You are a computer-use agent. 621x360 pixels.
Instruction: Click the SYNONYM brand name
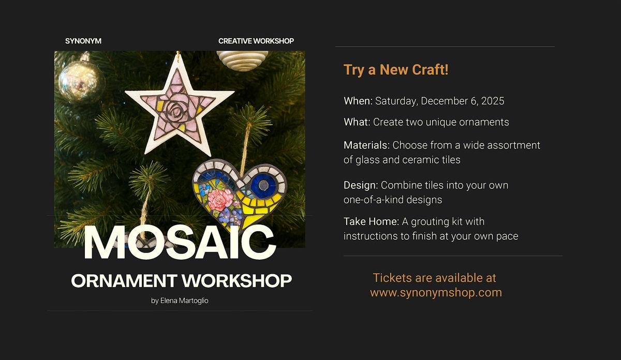tap(83, 41)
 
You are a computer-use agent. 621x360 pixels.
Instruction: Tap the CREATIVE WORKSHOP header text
tap(256, 41)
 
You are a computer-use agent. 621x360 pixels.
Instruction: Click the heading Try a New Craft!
tap(396, 70)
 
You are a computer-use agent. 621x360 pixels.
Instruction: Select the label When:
tap(358, 101)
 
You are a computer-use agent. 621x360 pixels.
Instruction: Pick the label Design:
tap(361, 185)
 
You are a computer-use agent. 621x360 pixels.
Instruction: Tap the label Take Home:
tap(371, 222)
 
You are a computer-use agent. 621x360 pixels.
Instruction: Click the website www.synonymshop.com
tap(436, 293)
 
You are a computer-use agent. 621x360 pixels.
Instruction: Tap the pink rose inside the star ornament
tap(178, 108)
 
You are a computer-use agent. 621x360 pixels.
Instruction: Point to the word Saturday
tap(396, 101)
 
